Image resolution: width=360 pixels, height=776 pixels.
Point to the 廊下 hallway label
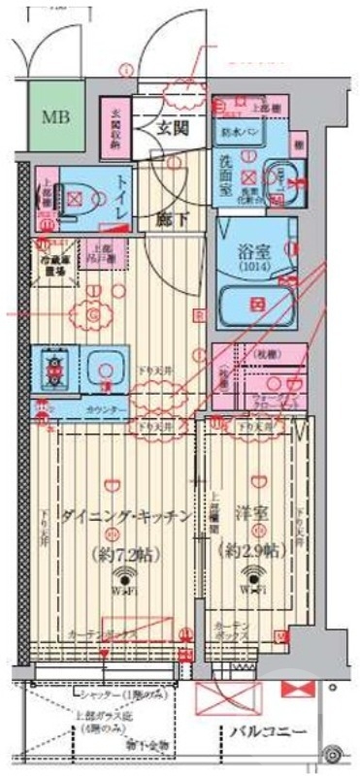click(176, 219)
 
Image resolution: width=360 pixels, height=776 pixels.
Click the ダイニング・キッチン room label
click(121, 517)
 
